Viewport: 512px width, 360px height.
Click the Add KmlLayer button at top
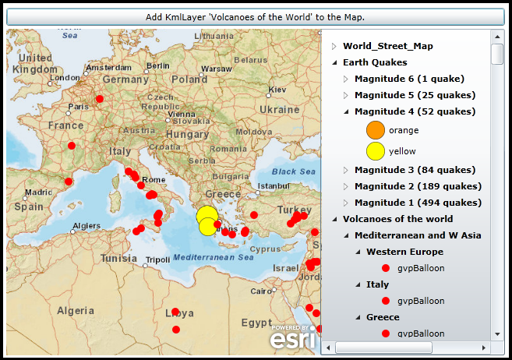pos(255,16)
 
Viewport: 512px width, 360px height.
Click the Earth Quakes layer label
pos(375,62)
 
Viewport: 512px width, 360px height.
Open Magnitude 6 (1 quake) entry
pos(409,79)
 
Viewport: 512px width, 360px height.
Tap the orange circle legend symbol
pos(376,130)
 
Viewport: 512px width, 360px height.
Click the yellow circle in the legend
pos(376,151)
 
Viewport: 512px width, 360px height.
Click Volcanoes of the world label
pos(397,219)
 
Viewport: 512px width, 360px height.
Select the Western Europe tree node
pos(404,252)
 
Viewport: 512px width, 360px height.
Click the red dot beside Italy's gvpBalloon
pos(386,301)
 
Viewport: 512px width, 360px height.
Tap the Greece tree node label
pos(383,317)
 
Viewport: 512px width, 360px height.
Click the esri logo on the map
pos(292,337)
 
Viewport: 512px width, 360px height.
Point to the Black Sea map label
pos(294,171)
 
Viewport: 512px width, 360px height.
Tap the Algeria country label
pos(76,310)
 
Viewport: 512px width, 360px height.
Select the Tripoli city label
pos(157,259)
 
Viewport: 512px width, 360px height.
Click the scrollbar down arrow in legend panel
pos(497,334)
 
